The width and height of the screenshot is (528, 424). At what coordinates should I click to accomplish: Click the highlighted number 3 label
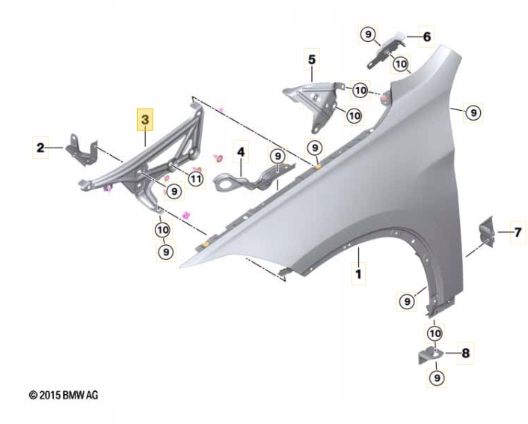click(x=145, y=120)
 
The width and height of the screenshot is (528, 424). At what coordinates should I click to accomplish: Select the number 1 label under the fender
click(x=359, y=274)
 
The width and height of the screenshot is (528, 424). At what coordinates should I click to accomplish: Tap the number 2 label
click(x=40, y=148)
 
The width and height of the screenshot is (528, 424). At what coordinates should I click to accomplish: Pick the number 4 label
click(x=241, y=152)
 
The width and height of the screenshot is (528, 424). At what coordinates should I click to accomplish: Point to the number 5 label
click(x=312, y=59)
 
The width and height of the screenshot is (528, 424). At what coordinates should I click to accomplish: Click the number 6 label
click(x=426, y=37)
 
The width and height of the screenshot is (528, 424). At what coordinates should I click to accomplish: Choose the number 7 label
click(x=518, y=232)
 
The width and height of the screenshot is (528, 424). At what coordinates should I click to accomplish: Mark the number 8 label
click(x=466, y=353)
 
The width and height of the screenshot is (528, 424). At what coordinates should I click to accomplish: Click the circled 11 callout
click(x=196, y=179)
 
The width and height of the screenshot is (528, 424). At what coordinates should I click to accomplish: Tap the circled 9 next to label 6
click(x=368, y=34)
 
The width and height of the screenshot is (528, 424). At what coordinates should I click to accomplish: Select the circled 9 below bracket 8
click(x=437, y=378)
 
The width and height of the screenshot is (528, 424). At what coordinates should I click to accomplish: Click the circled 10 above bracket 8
click(x=435, y=333)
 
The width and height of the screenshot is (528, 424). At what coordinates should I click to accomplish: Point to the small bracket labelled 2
click(x=82, y=150)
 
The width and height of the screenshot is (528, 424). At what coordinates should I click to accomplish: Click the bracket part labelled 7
click(x=487, y=231)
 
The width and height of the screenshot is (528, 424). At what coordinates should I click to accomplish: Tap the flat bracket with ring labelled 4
click(x=253, y=178)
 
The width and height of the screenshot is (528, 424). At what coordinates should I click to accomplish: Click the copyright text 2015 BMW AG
click(x=64, y=395)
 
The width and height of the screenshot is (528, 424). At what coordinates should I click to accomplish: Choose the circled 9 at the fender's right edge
click(x=473, y=112)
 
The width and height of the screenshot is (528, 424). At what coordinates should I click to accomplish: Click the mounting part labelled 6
click(x=387, y=49)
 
